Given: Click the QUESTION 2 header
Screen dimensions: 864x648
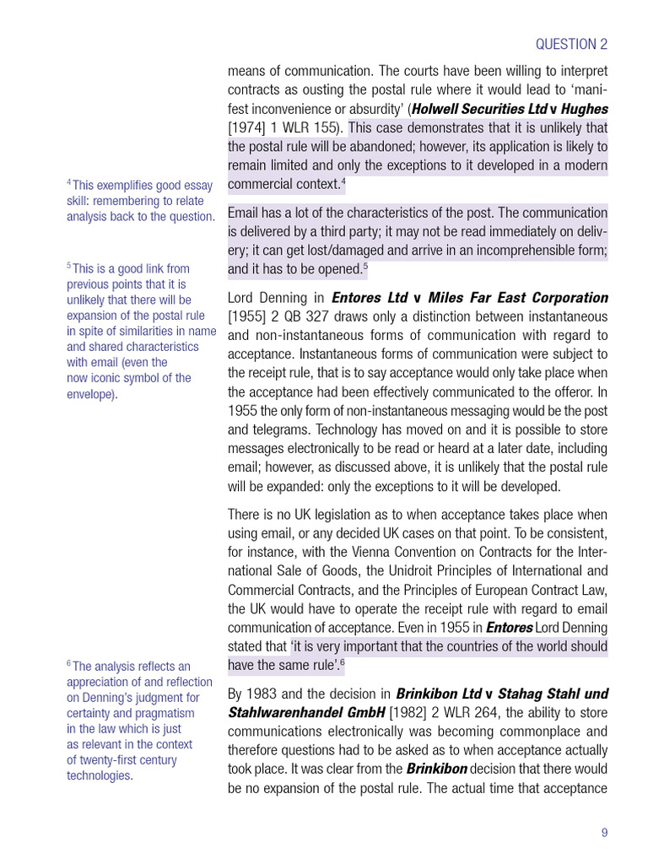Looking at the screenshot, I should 571,45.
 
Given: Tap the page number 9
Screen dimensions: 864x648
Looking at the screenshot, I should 604,833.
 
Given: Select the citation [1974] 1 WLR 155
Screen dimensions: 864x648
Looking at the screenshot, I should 283,128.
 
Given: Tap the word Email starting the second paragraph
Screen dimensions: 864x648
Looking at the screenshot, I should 246,213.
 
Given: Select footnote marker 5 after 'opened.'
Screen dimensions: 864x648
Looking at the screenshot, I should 364,267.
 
